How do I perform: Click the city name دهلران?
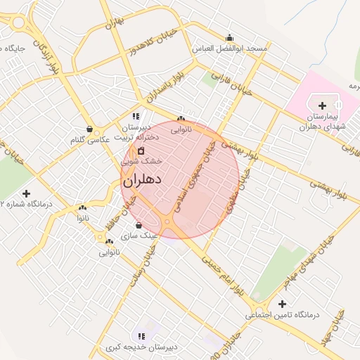point(143,181)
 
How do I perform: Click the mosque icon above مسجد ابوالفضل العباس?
point(229,37)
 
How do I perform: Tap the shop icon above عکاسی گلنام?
point(90,129)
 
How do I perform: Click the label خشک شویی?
point(141,161)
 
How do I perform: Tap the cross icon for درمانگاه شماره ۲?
point(27,193)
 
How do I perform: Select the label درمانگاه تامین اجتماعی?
point(282,315)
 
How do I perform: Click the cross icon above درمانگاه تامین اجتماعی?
point(282,304)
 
